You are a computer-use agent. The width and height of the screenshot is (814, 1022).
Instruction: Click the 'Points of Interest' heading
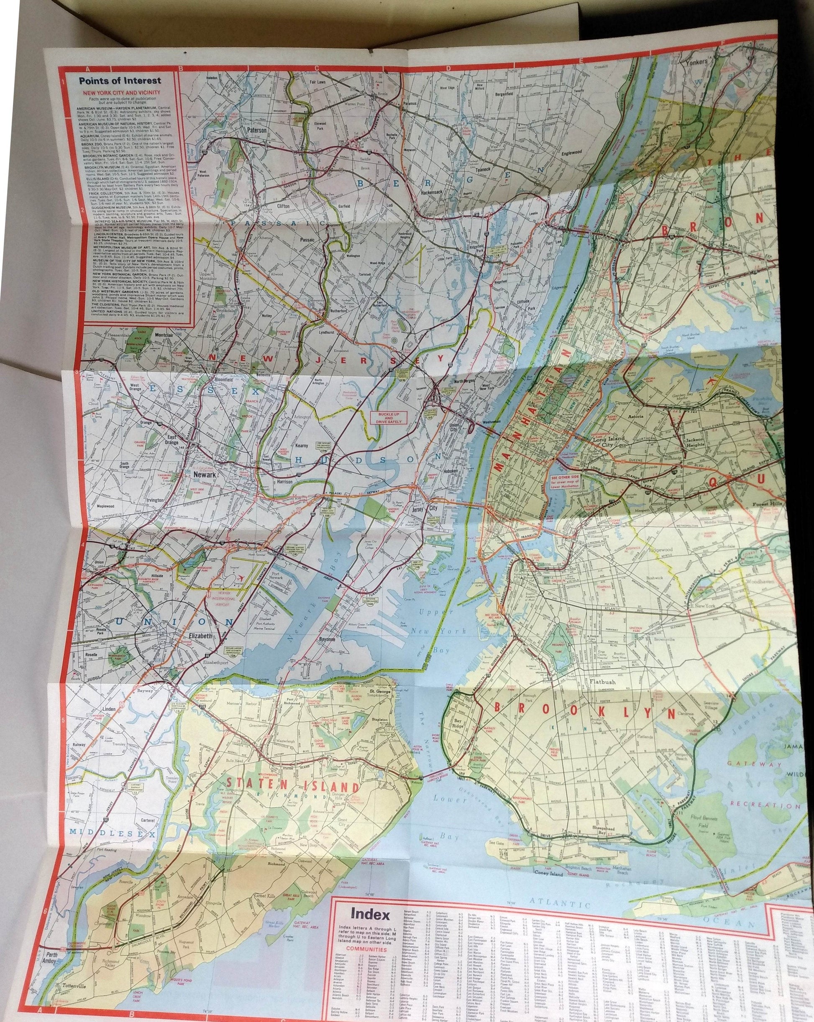point(120,81)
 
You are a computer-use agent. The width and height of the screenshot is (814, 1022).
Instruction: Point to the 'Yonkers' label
point(696,61)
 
